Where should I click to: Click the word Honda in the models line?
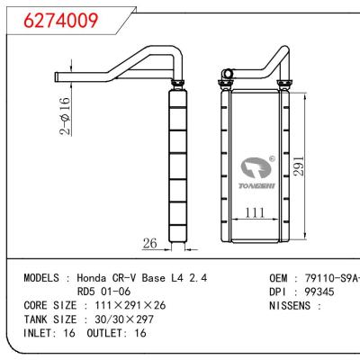coord(101,280)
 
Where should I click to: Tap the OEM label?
coord(280,280)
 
